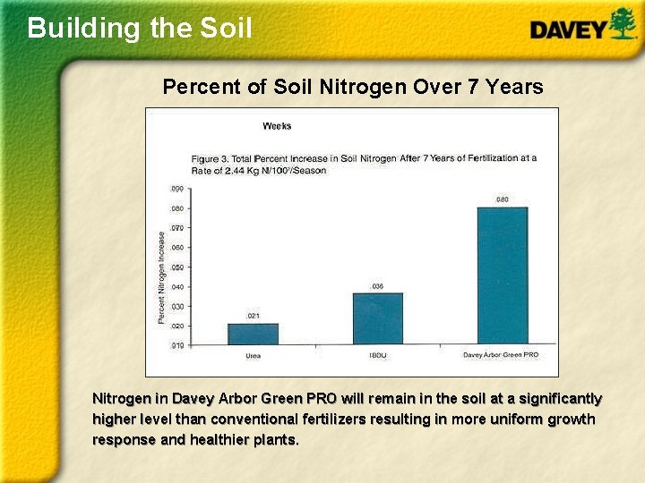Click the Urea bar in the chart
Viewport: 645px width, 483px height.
click(x=253, y=334)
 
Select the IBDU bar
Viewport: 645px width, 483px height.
click(x=377, y=318)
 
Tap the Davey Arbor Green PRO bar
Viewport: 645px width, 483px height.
click(x=502, y=275)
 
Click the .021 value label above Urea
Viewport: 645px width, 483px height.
click(x=254, y=317)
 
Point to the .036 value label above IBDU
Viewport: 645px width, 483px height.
click(x=377, y=286)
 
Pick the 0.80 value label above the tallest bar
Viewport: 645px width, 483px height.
click(x=502, y=199)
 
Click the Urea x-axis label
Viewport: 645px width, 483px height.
click(x=254, y=355)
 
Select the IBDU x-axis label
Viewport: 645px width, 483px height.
click(x=377, y=355)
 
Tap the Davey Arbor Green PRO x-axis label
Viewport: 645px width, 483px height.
click(x=501, y=355)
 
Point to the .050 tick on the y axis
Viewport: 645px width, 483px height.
click(x=176, y=267)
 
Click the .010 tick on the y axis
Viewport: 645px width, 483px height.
click(x=176, y=345)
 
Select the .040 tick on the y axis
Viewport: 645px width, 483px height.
click(x=176, y=287)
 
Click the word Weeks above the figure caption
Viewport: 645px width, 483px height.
click(x=276, y=126)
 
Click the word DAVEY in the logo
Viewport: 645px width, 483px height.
click(x=568, y=30)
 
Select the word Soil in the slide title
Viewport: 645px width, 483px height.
click(x=226, y=28)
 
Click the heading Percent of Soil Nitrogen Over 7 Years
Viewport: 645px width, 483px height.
click(x=352, y=87)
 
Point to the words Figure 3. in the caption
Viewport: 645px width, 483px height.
click(x=209, y=158)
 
